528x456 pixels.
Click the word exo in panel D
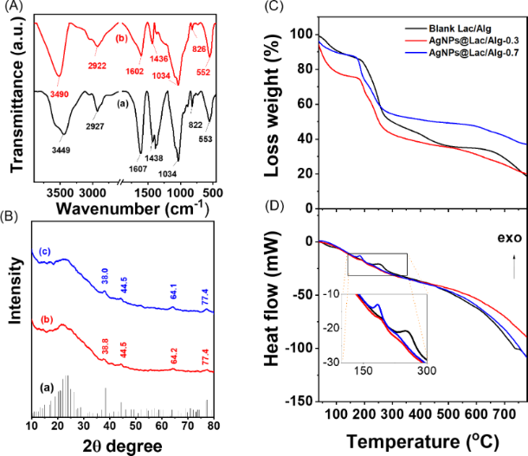(497, 234)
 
